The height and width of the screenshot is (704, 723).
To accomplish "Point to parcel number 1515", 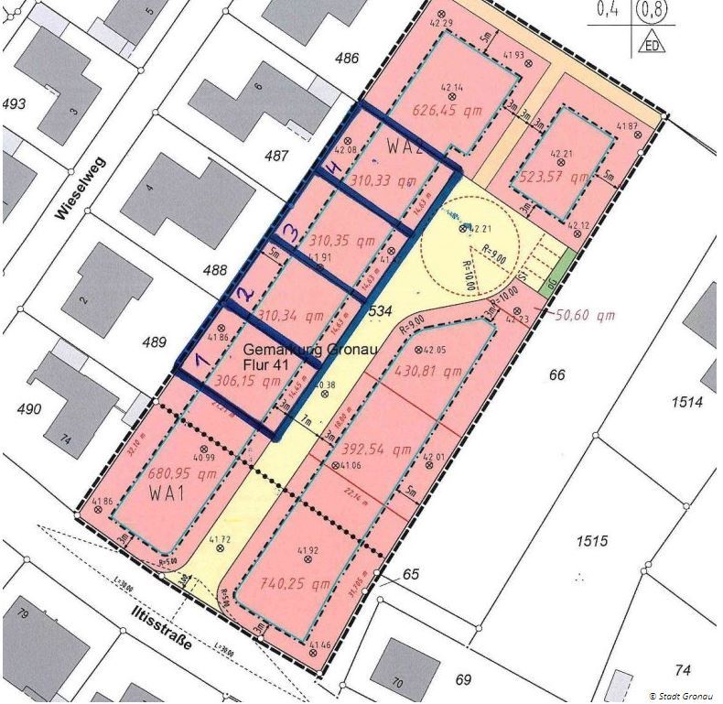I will [592, 542].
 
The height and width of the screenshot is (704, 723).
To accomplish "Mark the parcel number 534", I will [380, 312].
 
